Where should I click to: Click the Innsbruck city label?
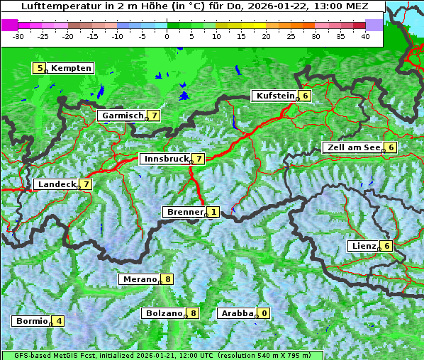click(164, 159)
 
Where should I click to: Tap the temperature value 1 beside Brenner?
click(213, 212)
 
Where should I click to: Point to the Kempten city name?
click(71, 68)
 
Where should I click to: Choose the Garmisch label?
click(122, 116)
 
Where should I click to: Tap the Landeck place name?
click(57, 184)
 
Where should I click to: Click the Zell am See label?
click(352, 147)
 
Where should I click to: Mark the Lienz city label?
click(364, 246)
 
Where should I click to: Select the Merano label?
click(139, 279)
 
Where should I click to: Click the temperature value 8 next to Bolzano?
click(193, 313)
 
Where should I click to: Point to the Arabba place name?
click(237, 313)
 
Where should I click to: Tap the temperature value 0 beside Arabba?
click(264, 313)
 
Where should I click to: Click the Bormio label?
click(31, 321)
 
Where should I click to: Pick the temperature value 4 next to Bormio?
click(59, 321)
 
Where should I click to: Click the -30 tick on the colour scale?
click(19, 35)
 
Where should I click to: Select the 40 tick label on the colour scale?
click(365, 35)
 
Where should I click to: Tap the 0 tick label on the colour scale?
click(167, 35)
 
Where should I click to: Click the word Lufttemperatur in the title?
click(53, 6)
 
